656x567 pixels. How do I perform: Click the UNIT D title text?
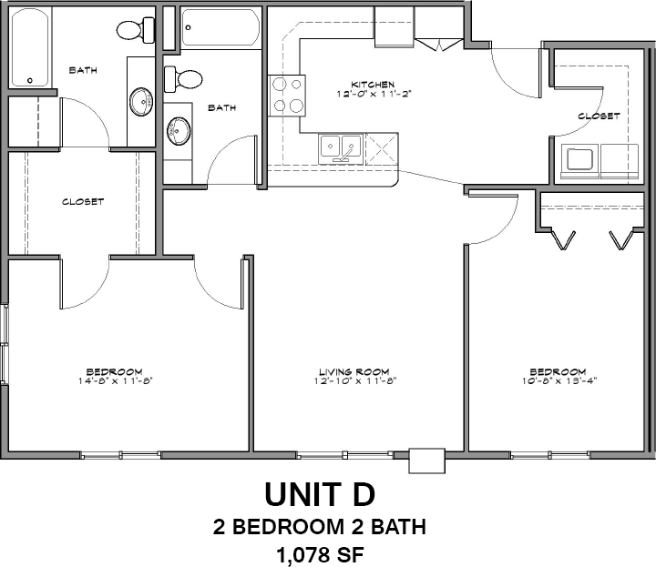pos(320,494)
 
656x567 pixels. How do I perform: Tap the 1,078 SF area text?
pos(320,555)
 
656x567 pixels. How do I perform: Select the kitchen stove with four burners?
pos(287,96)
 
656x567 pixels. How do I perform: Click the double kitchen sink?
pos(341,148)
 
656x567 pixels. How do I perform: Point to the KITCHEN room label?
pos(373,85)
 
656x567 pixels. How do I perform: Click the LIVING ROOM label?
pos(354,371)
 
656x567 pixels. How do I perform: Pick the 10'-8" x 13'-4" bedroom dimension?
pos(559,380)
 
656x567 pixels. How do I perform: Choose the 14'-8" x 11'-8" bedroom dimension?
pos(114,380)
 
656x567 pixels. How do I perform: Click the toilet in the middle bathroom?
pos(183,79)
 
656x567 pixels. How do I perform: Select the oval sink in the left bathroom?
pos(140,101)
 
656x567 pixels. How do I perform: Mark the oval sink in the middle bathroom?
pos(179,131)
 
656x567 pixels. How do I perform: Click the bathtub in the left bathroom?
pos(30,48)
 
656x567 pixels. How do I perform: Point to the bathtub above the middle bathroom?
pos(220,27)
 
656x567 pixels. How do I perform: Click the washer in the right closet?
pos(579,161)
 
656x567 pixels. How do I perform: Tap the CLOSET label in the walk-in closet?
pos(83,202)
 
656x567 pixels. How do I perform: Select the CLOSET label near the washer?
pos(599,116)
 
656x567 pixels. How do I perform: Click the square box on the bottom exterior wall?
pos(426,461)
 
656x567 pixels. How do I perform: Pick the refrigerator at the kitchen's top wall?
pos(395,25)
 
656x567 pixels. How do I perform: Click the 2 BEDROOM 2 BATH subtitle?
pos(320,526)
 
